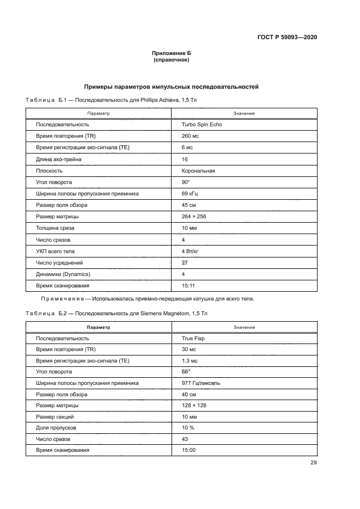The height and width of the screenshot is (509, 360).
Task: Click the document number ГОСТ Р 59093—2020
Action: tap(286, 38)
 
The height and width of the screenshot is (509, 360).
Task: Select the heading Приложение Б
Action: tap(172, 53)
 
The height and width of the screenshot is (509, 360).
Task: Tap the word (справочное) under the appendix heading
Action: tap(172, 60)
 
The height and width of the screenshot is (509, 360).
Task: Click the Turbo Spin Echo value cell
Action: tap(202, 124)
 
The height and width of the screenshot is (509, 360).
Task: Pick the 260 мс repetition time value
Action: tap(190, 136)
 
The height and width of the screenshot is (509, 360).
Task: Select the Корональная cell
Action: tap(198, 170)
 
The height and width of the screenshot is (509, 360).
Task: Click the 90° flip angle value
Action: tap(186, 182)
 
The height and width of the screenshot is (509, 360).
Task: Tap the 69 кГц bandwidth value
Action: tap(191, 193)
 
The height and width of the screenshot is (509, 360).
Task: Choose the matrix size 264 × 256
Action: tap(194, 216)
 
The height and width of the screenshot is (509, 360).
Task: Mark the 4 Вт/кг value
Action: tap(191, 251)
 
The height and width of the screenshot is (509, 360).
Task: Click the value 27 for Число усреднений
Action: tap(185, 262)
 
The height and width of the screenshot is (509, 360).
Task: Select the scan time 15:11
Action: tap(188, 285)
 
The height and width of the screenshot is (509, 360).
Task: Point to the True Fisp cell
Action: tap(193, 338)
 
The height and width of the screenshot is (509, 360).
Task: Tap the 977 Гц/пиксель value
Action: tap(201, 383)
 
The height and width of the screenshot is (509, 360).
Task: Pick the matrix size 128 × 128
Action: tap(194, 406)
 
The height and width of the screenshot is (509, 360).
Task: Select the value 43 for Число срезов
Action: tap(185, 439)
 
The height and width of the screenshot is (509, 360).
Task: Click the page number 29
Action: tap(314, 463)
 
